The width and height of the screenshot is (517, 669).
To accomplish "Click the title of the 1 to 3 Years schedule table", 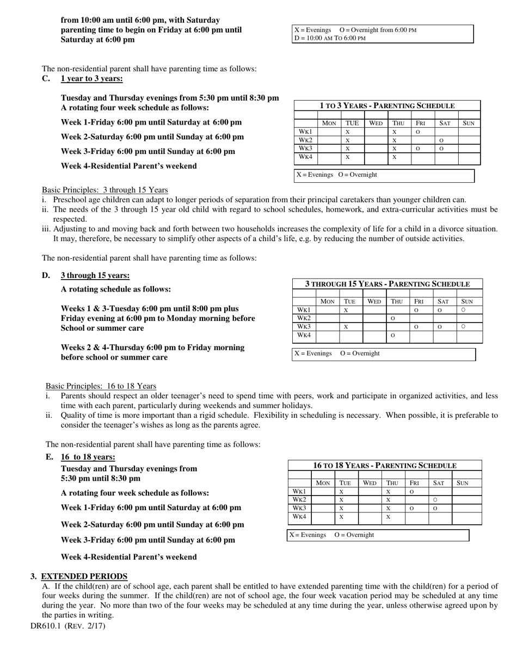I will tap(386, 106).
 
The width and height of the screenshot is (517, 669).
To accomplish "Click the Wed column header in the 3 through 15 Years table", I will tap(374, 301).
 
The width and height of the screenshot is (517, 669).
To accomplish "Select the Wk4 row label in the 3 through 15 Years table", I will tap(304, 335).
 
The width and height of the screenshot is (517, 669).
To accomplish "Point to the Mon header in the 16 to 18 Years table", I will tap(323, 482).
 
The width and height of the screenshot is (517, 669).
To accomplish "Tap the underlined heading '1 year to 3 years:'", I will tap(91, 79).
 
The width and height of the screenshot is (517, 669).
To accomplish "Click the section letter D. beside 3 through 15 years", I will tap(46, 275).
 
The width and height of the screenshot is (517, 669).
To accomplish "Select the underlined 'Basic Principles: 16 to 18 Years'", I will tap(101, 386).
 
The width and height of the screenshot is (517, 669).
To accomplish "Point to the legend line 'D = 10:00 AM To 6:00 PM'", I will tap(330, 38).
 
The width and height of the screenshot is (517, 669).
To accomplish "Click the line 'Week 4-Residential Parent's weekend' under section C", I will tap(128, 166).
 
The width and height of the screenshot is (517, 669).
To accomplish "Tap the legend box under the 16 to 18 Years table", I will tap(378, 535).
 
